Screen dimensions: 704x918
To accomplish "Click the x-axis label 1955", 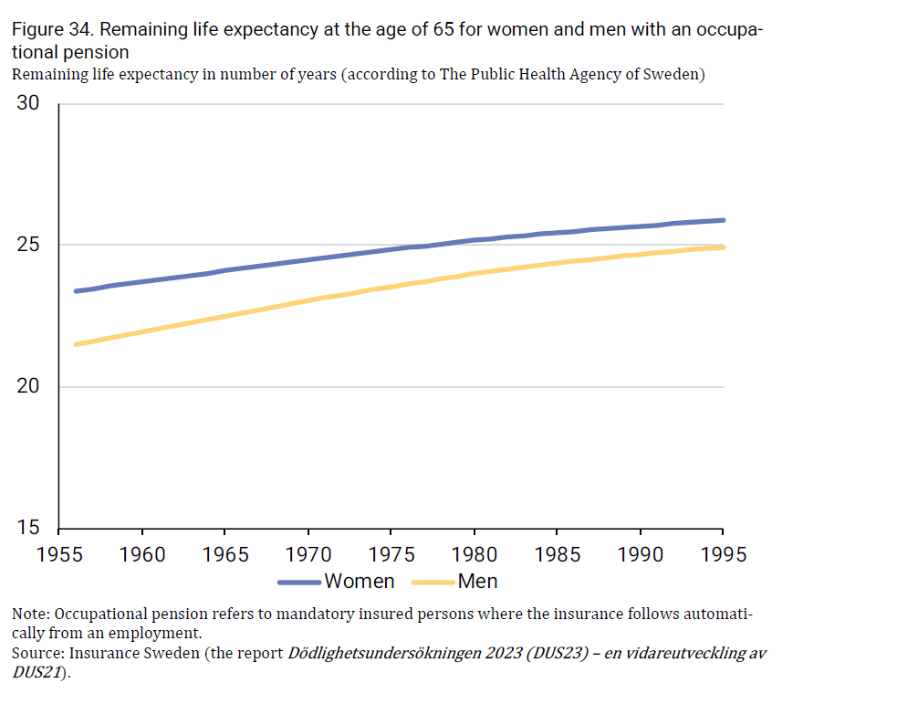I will pyautogui.click(x=58, y=554).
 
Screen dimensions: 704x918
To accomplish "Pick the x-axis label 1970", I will pyautogui.click(x=308, y=554).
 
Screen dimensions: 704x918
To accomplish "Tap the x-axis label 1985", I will pyautogui.click(x=557, y=554).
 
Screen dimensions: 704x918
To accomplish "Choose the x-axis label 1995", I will pyautogui.click(x=722, y=554).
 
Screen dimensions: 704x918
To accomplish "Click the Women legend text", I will pyautogui.click(x=360, y=582).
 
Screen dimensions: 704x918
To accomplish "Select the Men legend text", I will pyautogui.click(x=477, y=582).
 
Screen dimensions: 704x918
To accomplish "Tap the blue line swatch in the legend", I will pyautogui.click(x=298, y=582).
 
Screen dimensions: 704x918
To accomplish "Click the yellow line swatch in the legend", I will pyautogui.click(x=433, y=582).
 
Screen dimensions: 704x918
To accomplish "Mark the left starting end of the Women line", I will pyautogui.click(x=76, y=291).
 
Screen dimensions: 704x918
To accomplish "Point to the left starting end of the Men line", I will pyautogui.click(x=76, y=344).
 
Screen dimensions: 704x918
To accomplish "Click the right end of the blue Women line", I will pyautogui.click(x=723, y=220).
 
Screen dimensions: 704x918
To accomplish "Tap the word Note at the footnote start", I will pyautogui.click(x=29, y=614).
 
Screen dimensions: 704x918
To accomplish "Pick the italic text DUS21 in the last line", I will pyautogui.click(x=37, y=673).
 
